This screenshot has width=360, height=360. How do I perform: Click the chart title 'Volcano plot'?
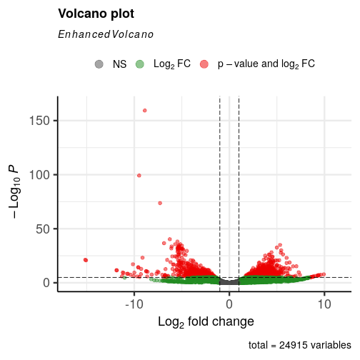tap(96, 14)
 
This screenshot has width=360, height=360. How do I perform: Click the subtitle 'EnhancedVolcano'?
tap(106, 34)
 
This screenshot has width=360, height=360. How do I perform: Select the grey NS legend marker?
tap(99, 64)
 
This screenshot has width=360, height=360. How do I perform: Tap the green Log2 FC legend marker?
tap(140, 64)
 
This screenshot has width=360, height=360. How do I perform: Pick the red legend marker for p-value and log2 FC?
tap(204, 64)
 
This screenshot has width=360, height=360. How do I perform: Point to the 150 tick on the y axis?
tap(39, 121)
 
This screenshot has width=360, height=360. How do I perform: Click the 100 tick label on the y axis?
tap(39, 175)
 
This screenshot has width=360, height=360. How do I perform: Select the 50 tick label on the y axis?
tap(43, 229)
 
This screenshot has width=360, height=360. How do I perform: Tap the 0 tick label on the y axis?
tap(46, 283)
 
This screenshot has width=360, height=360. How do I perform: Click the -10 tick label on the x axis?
tap(134, 304)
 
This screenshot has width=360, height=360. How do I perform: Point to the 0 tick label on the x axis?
tap(229, 304)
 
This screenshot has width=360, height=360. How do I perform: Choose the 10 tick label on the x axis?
tap(324, 304)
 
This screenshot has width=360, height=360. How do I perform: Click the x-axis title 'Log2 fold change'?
tap(206, 322)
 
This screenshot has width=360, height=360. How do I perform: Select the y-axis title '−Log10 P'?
tap(15, 192)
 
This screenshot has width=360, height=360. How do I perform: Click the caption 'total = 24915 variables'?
tap(300, 345)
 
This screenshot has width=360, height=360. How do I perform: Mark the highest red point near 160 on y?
tap(145, 111)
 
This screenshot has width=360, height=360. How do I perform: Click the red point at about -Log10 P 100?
tap(139, 176)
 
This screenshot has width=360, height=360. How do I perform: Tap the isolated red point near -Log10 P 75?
tap(160, 203)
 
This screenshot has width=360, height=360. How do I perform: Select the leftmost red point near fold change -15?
tap(85, 260)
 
